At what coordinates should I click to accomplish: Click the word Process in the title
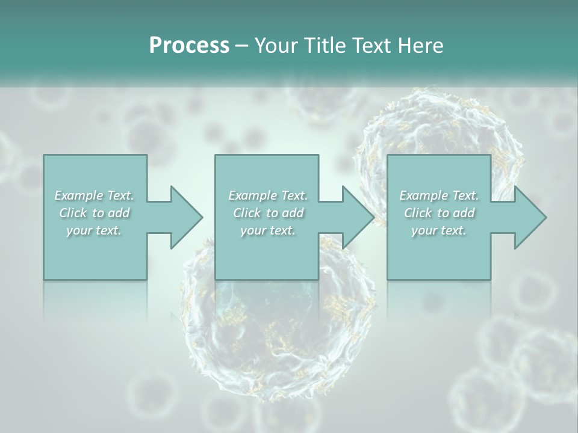coord(189,46)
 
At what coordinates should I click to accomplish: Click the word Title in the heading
coord(323,46)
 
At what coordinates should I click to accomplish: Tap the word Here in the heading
coord(421,46)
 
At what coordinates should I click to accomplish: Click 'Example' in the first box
coord(78,195)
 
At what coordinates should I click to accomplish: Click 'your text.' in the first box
coord(94,230)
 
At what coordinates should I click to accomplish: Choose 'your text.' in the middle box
coord(268,230)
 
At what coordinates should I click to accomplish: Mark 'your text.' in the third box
coord(439,230)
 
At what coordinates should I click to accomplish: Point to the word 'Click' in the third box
coord(418,213)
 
